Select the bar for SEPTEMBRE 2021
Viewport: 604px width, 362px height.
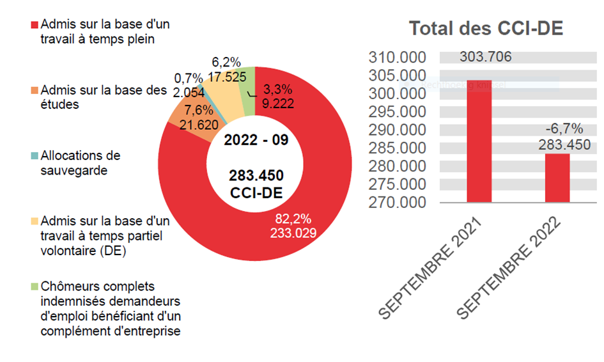pyautogui.click(x=479, y=141)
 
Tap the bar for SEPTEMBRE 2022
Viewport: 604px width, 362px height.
pyautogui.click(x=557, y=178)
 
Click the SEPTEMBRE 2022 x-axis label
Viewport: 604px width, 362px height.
pyautogui.click(x=511, y=269)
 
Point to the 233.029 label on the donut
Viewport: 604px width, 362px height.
pyautogui.click(x=292, y=233)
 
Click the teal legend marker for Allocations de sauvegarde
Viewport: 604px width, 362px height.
pyautogui.click(x=35, y=156)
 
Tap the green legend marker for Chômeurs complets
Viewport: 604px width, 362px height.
pyautogui.click(x=35, y=287)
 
